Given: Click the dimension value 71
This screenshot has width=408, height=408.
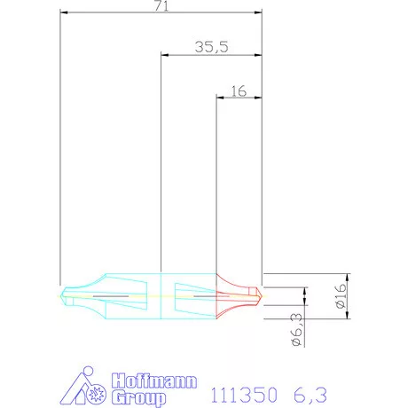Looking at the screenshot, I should tap(161, 6).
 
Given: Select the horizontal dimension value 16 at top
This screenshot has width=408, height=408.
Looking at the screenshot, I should tap(238, 90).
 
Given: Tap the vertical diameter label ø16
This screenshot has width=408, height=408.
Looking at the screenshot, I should tap(341, 296).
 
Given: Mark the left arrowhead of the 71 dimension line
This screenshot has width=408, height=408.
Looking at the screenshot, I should tap(63, 13).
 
